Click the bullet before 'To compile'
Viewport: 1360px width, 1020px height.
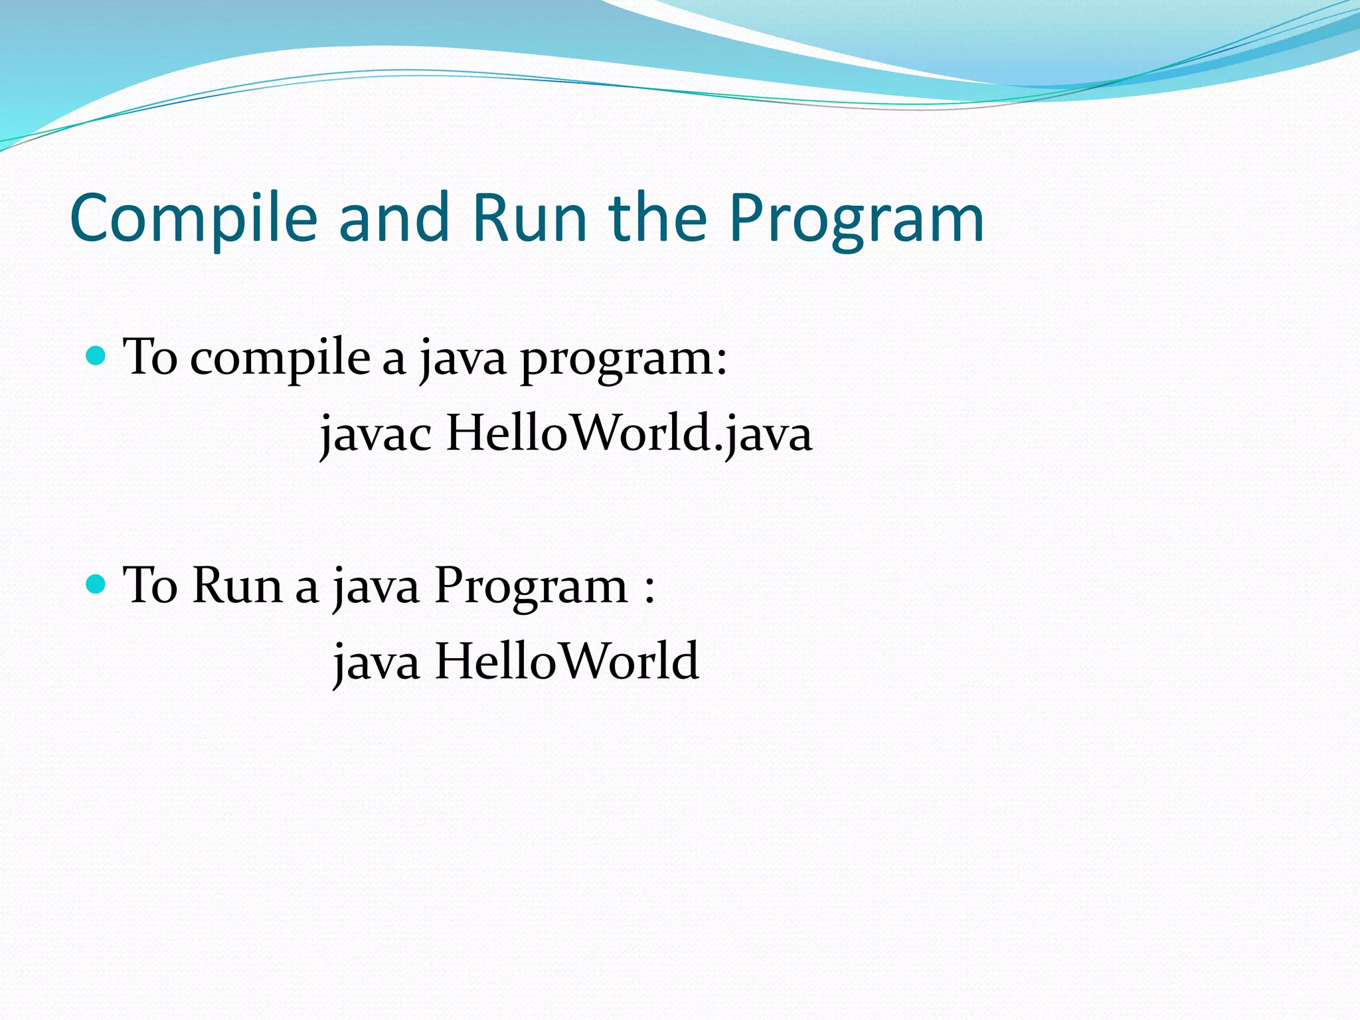[x=96, y=356]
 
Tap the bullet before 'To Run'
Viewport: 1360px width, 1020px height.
[x=96, y=584]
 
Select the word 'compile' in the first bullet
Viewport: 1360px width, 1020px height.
[x=280, y=359]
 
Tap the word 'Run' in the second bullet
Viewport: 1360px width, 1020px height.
[x=238, y=586]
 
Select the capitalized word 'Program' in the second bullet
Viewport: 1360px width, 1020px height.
[x=531, y=587]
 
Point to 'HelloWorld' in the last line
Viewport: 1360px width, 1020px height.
[x=566, y=661]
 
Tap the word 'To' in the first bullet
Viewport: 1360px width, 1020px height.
[x=151, y=357]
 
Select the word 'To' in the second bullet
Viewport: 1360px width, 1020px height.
[x=151, y=586]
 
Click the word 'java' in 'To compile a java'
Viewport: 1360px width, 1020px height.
[x=463, y=359]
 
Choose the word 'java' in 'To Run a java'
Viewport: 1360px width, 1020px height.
[x=376, y=587]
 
